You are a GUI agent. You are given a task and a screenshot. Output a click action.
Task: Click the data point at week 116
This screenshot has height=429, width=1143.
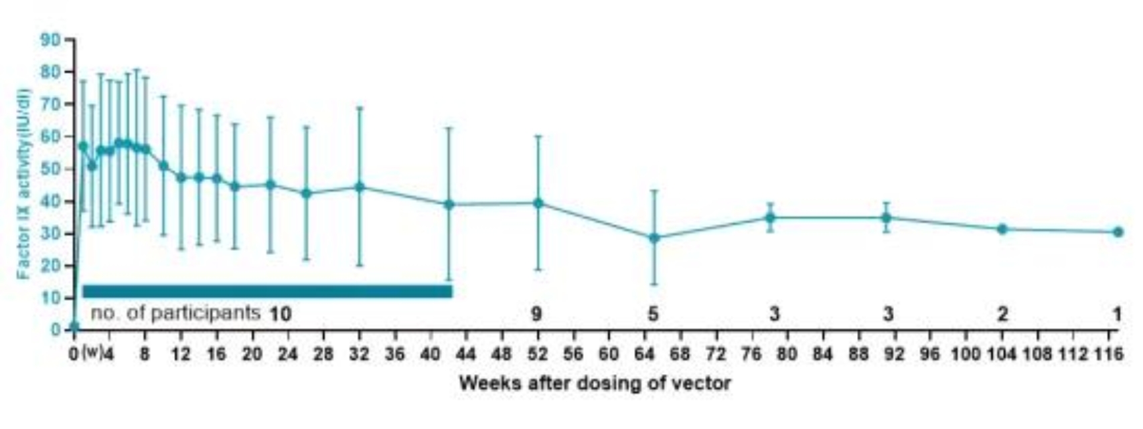[1118, 232]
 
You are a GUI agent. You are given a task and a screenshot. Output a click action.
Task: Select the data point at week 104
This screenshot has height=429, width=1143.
[1002, 229]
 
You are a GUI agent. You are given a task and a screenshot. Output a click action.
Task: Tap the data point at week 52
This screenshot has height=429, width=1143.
[538, 203]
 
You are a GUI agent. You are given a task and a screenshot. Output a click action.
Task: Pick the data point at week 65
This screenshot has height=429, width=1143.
[654, 238]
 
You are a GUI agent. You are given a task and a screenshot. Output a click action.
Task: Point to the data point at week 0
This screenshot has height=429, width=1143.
[74, 327]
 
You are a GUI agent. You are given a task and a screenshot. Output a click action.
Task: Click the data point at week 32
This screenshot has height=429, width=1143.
[360, 187]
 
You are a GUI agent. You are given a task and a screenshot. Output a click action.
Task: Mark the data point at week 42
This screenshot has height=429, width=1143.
[449, 205]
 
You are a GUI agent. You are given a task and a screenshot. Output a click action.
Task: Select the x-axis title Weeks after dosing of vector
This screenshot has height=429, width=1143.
[595, 383]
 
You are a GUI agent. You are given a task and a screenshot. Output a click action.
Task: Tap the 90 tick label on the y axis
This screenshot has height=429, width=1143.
[50, 40]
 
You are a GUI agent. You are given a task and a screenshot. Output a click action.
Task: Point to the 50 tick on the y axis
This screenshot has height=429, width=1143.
[50, 169]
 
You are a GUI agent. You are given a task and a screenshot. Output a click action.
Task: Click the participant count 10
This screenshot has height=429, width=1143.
[280, 313]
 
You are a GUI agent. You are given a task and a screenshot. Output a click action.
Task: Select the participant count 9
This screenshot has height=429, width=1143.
[536, 313]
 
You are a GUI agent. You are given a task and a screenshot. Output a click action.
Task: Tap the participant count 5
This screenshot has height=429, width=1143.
[653, 313]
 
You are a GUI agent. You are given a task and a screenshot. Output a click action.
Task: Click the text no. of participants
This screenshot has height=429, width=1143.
[175, 313]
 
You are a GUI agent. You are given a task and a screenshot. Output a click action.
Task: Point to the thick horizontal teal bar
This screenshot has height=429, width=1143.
[267, 291]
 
